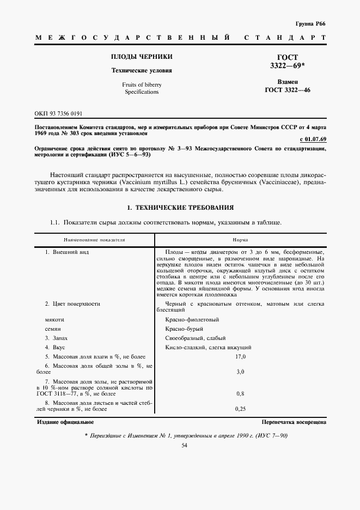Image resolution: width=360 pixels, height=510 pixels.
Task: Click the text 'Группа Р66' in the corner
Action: (x=310, y=25)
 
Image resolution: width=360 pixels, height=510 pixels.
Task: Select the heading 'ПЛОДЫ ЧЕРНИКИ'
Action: (x=142, y=57)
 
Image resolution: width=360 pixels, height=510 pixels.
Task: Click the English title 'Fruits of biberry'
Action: (x=142, y=84)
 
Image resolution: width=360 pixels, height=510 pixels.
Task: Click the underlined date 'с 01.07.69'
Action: (x=313, y=140)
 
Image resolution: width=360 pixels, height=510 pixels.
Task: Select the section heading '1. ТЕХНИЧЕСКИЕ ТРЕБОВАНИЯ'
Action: (x=180, y=208)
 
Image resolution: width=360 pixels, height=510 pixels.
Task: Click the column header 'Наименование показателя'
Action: (x=94, y=239)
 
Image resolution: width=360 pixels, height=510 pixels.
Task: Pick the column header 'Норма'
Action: (x=240, y=239)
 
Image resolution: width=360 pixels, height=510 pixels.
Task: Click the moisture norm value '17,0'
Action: (x=240, y=356)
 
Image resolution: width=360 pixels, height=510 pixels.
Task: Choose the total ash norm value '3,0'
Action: (x=240, y=372)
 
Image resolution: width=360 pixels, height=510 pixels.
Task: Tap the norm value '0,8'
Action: (x=240, y=393)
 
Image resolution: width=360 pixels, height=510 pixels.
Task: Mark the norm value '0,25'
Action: (x=240, y=408)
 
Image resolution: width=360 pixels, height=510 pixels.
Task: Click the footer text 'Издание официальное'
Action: (x=65, y=422)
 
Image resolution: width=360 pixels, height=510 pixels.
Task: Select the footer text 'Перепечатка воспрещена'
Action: (x=294, y=422)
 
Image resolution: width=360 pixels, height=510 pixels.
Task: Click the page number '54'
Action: (x=184, y=446)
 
